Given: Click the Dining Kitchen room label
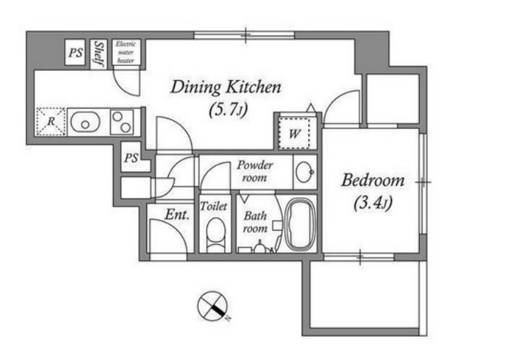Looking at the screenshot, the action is click(226, 87).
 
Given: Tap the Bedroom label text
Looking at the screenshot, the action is click(373, 180).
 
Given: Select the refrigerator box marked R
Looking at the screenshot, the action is click(50, 122).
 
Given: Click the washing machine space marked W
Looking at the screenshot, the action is click(294, 133).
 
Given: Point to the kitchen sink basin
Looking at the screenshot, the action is click(85, 122).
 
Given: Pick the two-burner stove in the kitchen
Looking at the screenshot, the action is click(121, 122).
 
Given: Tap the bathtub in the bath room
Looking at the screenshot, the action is click(301, 224).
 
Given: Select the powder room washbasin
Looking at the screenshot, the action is click(305, 172).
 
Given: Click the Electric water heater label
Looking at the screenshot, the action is click(126, 52).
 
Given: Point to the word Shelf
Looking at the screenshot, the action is click(99, 54).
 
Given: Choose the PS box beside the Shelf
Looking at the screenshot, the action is click(75, 53).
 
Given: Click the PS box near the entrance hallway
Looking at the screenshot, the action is click(131, 158).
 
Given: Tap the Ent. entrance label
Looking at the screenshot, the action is click(177, 214).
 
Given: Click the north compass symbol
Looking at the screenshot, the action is click(213, 306).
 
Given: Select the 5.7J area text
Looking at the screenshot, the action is click(228, 110).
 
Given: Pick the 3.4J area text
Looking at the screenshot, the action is click(373, 203).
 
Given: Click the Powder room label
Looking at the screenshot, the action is click(254, 171).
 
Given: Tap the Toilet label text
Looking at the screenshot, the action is click(214, 206).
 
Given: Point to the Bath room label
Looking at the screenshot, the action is click(255, 222).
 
